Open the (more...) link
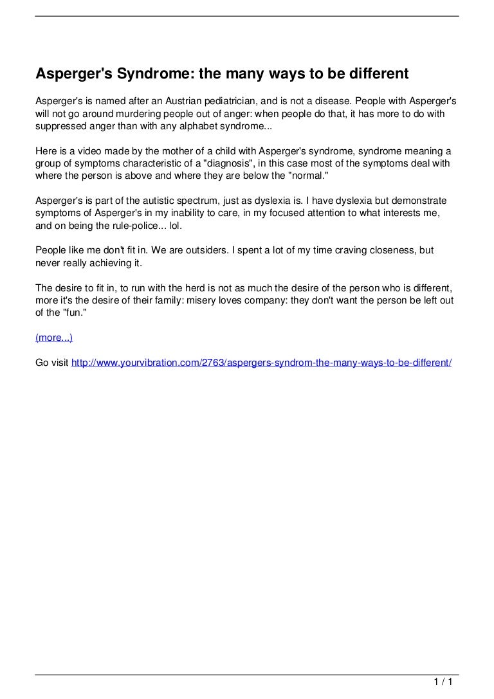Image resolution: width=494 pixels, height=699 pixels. coord(54,338)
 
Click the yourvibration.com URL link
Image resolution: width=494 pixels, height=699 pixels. coord(261,363)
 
